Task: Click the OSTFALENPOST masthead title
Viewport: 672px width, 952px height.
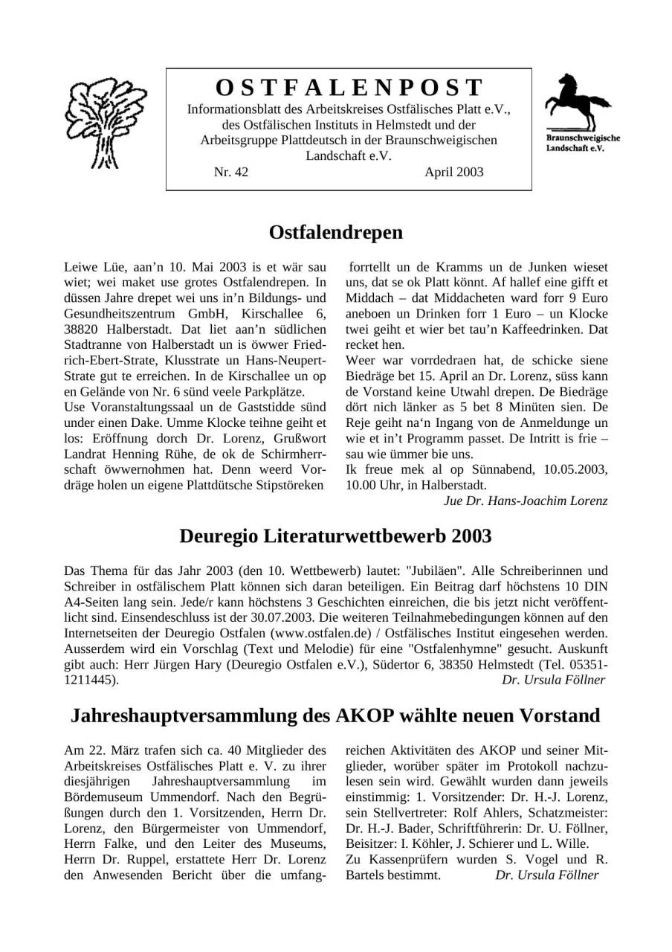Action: (349, 88)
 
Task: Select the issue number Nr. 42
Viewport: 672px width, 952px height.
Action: (230, 173)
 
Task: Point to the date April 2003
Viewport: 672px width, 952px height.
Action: (453, 173)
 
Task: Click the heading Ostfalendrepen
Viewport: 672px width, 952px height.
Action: (335, 232)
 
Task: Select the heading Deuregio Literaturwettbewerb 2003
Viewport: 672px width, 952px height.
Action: (335, 535)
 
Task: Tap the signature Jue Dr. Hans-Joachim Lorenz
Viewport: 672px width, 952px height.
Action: (525, 501)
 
